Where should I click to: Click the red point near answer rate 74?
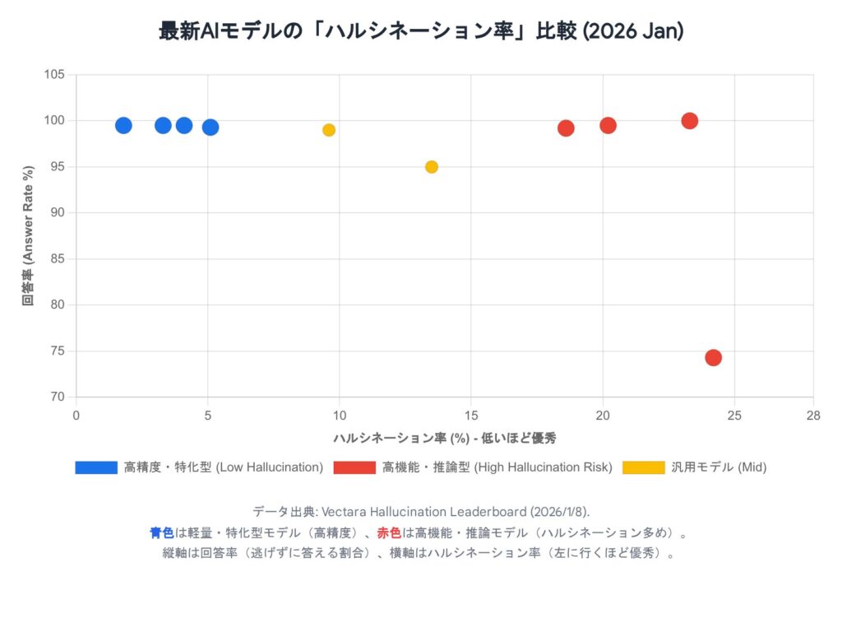(x=713, y=357)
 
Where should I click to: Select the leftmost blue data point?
(x=123, y=125)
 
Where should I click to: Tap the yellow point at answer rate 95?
(x=432, y=167)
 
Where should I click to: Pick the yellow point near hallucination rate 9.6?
(x=329, y=130)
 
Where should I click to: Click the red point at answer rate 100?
(x=690, y=121)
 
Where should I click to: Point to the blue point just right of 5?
(x=210, y=127)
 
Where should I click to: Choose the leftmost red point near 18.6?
(x=566, y=128)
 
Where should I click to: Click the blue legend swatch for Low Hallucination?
(x=95, y=467)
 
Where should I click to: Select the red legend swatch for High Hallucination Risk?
(x=354, y=467)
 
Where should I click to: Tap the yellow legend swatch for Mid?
(x=643, y=467)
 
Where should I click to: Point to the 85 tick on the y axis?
(x=58, y=259)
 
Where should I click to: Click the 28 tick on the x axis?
(x=813, y=416)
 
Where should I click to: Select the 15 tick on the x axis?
(x=471, y=416)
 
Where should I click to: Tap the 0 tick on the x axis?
(x=76, y=416)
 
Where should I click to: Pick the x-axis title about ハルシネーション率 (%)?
(x=445, y=438)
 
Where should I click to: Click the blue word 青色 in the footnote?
(x=161, y=532)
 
